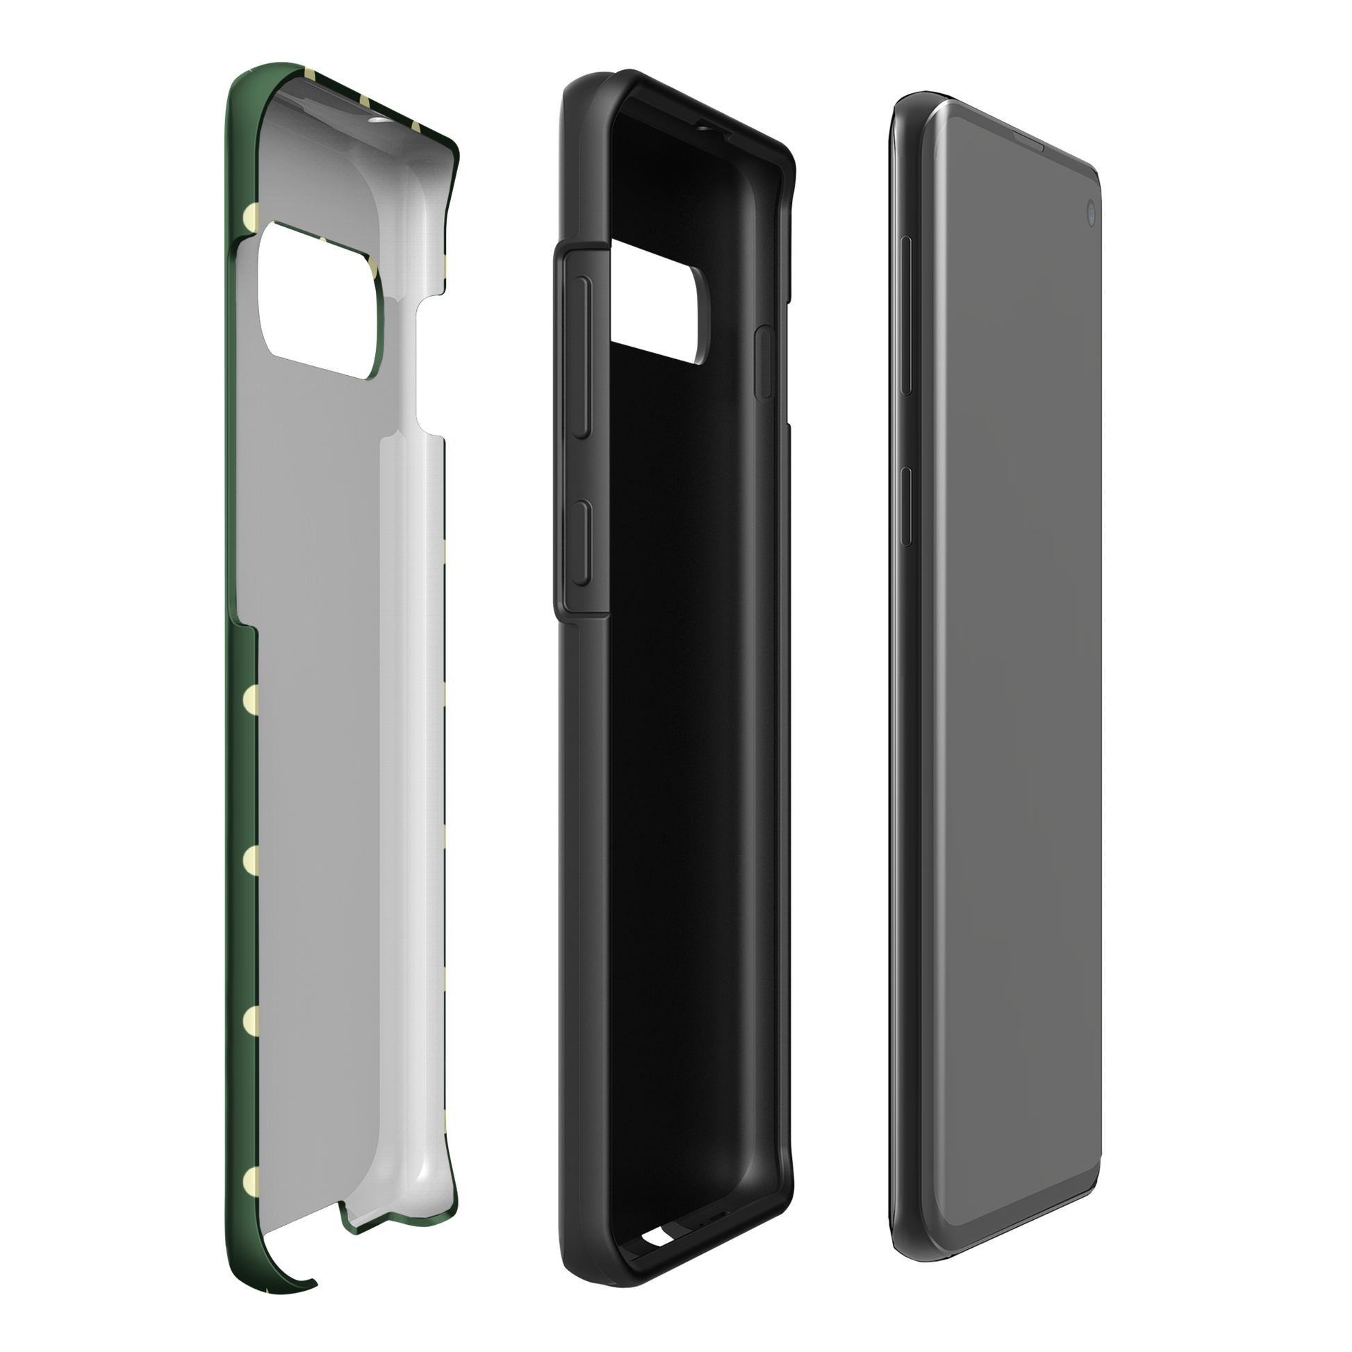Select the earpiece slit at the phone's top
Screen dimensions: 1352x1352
click(x=1022, y=148)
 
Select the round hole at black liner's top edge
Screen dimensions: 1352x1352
click(x=702, y=108)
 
